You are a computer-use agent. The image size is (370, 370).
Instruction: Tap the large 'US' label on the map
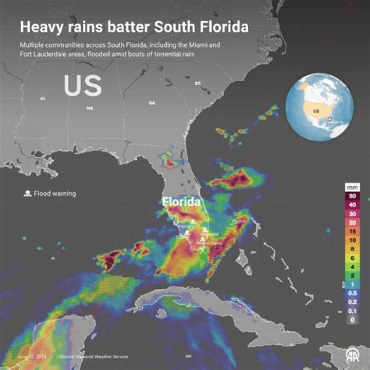(x=82, y=86)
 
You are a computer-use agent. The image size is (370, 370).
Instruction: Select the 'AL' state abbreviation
(x=43, y=98)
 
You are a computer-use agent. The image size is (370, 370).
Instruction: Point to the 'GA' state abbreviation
(x=152, y=103)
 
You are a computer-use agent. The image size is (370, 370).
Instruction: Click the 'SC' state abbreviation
(x=197, y=83)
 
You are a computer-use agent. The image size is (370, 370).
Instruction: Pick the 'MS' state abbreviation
(x=89, y=108)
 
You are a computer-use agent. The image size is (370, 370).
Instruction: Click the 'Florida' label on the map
(x=181, y=202)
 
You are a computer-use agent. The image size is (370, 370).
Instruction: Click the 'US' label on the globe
(x=317, y=111)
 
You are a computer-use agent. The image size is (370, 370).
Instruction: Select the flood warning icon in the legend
(x=26, y=194)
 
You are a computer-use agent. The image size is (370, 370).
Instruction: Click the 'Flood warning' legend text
(x=55, y=194)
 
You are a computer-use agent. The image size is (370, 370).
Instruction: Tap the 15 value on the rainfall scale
(x=352, y=231)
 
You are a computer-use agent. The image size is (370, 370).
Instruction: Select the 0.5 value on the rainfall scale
(x=352, y=293)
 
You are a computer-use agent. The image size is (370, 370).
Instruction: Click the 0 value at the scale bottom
(x=352, y=320)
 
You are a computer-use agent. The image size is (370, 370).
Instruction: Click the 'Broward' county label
(x=209, y=234)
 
